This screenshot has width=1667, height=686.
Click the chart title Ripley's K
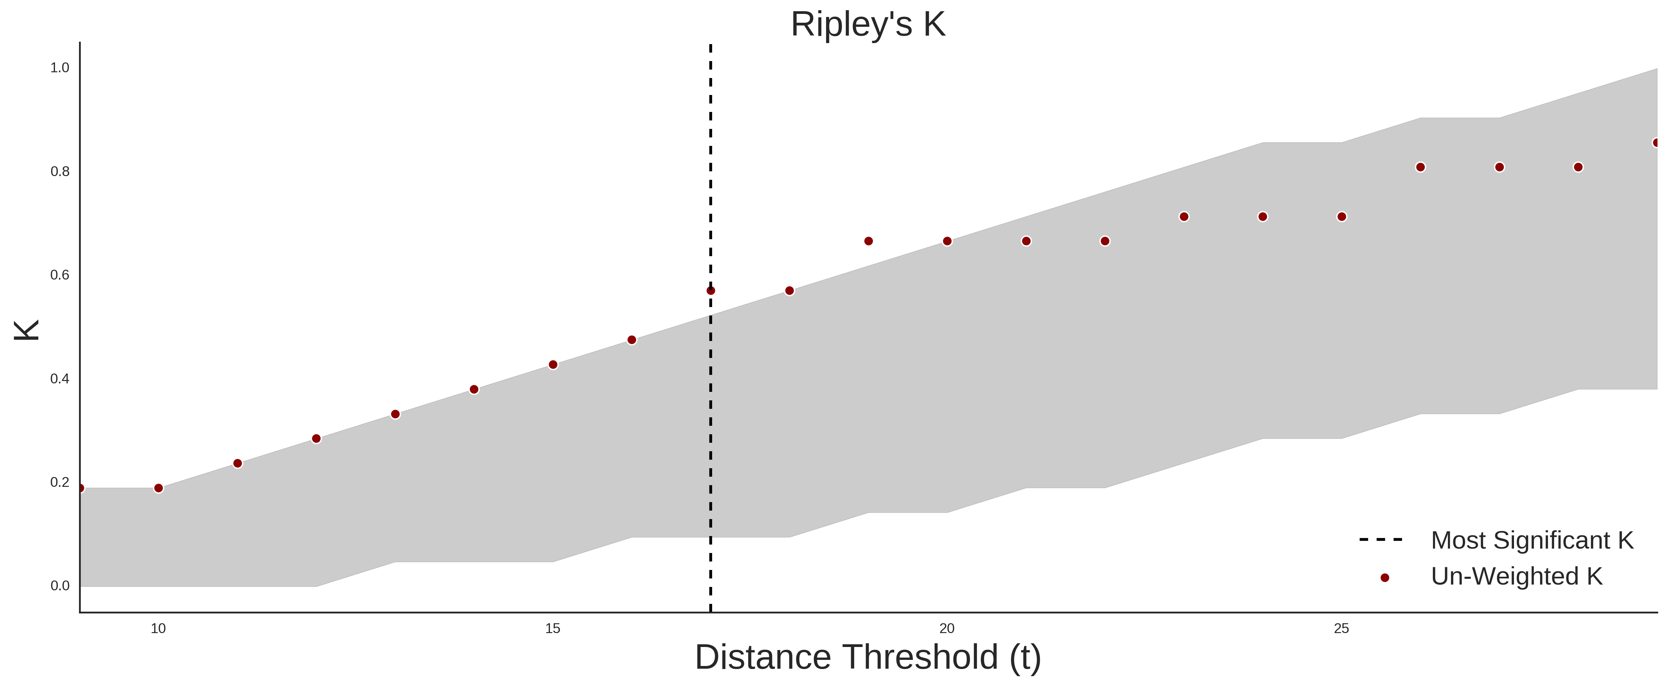868,24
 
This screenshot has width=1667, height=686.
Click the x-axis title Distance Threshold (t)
868,658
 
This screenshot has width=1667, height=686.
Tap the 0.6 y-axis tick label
60,275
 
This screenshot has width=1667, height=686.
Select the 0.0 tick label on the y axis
60,586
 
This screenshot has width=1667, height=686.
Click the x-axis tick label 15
553,628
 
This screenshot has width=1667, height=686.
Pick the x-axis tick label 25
1341,628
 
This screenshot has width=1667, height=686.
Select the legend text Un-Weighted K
1517,576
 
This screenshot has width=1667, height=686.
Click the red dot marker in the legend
1384,578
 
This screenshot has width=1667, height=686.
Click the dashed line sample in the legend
1381,539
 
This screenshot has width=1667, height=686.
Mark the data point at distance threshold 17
711,290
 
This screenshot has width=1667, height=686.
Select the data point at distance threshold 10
158,488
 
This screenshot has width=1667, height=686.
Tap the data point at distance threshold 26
1420,167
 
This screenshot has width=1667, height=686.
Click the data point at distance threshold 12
317,439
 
